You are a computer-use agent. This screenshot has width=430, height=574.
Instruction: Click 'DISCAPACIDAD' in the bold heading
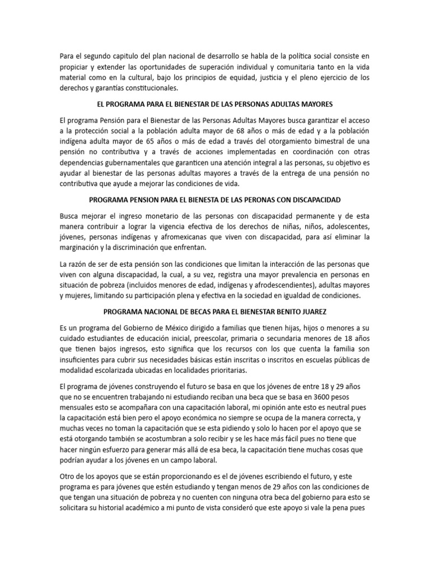coord(313,200)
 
